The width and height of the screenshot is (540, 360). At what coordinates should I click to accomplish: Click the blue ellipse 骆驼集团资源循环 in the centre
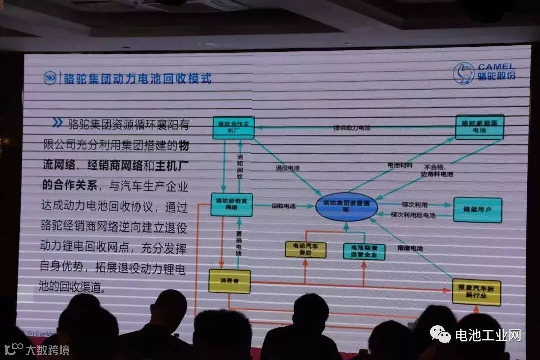[347, 207]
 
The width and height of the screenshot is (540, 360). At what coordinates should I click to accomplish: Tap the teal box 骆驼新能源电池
[479, 127]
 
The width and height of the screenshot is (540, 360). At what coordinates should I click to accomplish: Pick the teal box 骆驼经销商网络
[231, 204]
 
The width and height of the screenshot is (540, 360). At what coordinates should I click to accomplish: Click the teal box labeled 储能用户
[477, 210]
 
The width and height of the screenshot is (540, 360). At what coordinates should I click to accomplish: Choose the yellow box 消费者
[229, 281]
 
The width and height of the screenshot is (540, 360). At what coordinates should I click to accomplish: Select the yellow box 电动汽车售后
[305, 249]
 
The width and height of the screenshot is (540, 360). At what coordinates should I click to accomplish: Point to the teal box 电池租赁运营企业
[364, 251]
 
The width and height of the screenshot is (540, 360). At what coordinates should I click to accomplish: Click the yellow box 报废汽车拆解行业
[476, 292]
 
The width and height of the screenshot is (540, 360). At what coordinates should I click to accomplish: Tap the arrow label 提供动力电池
[352, 128]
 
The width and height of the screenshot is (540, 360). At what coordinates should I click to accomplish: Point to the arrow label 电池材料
[400, 165]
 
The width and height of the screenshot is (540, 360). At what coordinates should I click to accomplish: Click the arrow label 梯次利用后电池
[413, 215]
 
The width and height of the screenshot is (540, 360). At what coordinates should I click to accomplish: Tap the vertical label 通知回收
[240, 167]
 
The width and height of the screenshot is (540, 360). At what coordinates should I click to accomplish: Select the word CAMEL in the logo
[496, 67]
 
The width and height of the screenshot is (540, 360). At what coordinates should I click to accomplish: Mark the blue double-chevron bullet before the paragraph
[57, 123]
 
